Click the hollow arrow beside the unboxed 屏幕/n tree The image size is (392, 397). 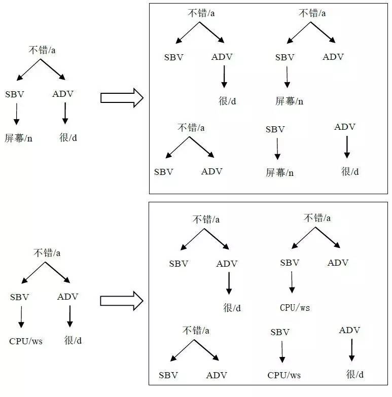122,97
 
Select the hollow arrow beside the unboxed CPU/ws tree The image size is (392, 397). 122,300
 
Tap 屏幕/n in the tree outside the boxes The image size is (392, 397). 19,137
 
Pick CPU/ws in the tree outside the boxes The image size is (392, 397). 26,341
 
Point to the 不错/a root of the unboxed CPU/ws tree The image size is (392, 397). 47,252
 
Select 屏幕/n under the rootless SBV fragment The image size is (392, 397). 280,172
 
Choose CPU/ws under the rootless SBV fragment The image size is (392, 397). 284,375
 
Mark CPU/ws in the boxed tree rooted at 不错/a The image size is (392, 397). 295,307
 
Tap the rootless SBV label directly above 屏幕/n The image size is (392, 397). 275,129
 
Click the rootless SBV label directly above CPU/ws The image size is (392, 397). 280,332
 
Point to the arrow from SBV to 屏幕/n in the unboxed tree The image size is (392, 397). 16,114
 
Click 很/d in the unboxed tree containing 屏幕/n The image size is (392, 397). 68,137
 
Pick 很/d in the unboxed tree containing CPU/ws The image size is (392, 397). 73,340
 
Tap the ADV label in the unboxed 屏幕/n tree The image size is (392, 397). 63,94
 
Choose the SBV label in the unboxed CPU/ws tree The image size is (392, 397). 20,297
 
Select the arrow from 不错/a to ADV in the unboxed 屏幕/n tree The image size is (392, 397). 53,69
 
